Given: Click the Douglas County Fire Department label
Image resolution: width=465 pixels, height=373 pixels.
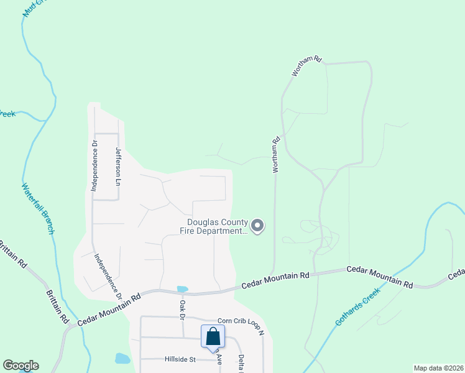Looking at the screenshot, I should (217, 227).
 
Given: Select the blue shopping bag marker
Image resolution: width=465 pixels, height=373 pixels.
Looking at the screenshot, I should (213, 337).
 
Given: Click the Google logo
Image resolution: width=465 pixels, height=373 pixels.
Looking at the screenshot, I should (21, 366).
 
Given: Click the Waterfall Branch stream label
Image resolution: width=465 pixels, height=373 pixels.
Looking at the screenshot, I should (39, 208).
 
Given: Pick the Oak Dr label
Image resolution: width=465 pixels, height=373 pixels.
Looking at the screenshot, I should (183, 309).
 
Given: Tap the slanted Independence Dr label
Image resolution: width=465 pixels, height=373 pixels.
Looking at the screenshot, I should (108, 274).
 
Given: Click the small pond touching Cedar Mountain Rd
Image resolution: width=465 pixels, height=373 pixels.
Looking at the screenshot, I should (182, 289).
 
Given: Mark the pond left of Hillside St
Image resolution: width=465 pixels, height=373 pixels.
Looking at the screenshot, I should (122, 359).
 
